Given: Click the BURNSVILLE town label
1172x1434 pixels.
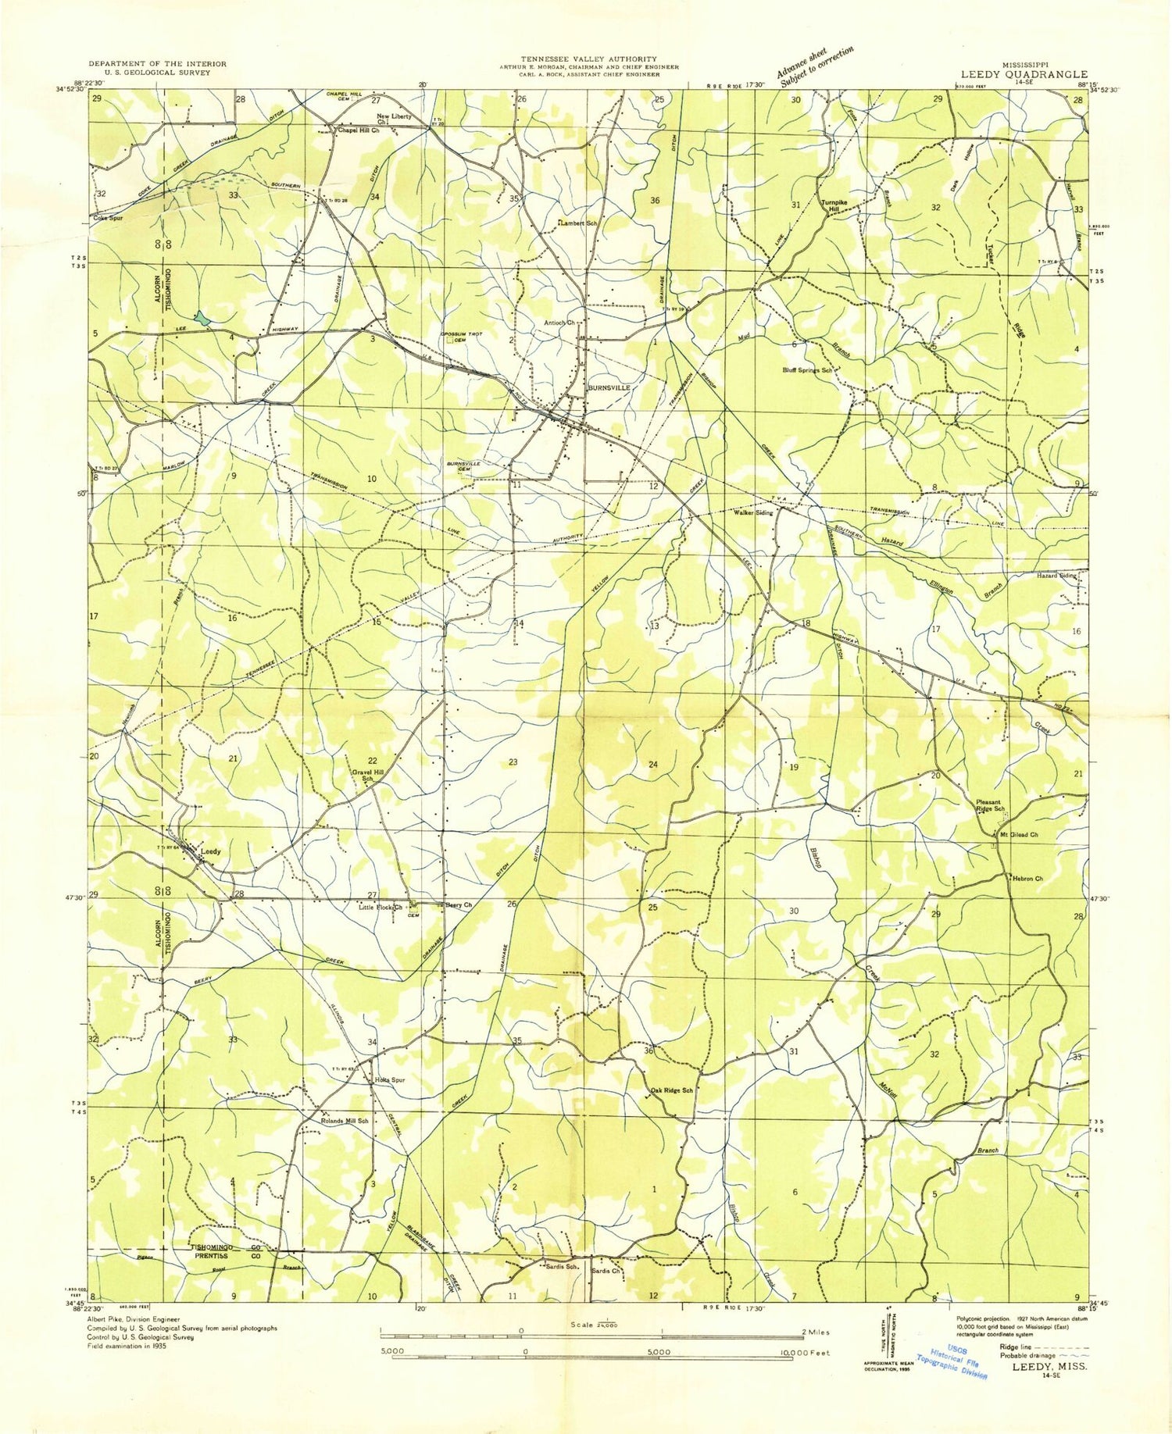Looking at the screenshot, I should (609, 387).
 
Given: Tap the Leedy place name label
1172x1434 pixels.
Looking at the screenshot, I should (211, 851).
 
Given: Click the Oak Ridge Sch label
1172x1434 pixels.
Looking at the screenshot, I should (671, 1090).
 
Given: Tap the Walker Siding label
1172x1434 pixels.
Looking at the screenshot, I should (753, 513).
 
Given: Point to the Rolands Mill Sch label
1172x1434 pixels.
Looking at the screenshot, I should (345, 1121).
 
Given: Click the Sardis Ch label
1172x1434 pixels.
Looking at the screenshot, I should (606, 1271).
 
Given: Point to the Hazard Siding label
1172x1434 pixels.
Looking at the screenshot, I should (1056, 576).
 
